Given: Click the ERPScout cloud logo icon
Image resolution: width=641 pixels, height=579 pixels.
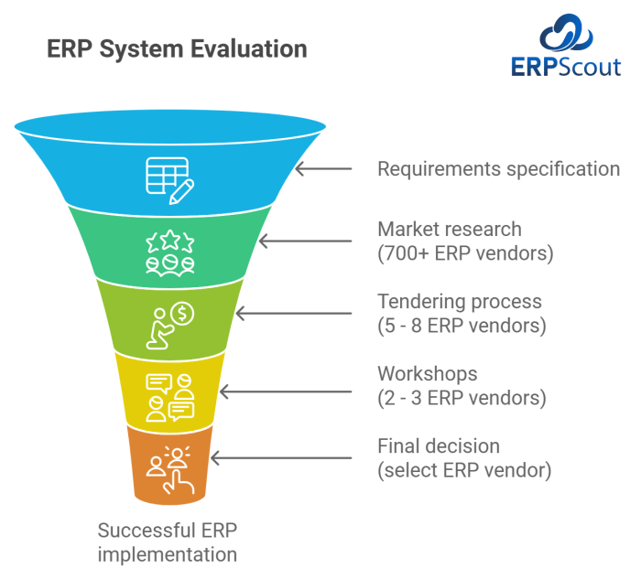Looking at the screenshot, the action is coord(566,32).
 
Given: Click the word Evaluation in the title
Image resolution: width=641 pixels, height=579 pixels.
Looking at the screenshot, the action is coord(249,49).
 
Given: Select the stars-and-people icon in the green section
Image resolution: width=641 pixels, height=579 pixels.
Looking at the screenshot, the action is coord(170,253).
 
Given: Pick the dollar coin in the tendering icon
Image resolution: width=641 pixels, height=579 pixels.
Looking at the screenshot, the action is coord(182,314).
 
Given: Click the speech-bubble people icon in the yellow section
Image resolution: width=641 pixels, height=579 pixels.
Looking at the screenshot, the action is coord(170,398).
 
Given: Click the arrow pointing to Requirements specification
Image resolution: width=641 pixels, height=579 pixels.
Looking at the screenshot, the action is coord(323,168).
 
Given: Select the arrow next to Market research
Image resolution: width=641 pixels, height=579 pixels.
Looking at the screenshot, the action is coord(305,241).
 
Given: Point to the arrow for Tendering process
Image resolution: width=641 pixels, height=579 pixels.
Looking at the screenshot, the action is coord(294,313).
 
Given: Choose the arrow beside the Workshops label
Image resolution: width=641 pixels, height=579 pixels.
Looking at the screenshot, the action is coord(286,391).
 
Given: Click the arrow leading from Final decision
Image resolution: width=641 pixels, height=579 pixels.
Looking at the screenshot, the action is coord(281,457).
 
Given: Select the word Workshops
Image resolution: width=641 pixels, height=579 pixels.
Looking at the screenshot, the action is coord(428,374).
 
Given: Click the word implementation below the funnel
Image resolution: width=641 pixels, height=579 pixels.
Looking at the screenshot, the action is coord(168,555).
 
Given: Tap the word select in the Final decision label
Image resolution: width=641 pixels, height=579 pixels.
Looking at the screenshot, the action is coord(410,470).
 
